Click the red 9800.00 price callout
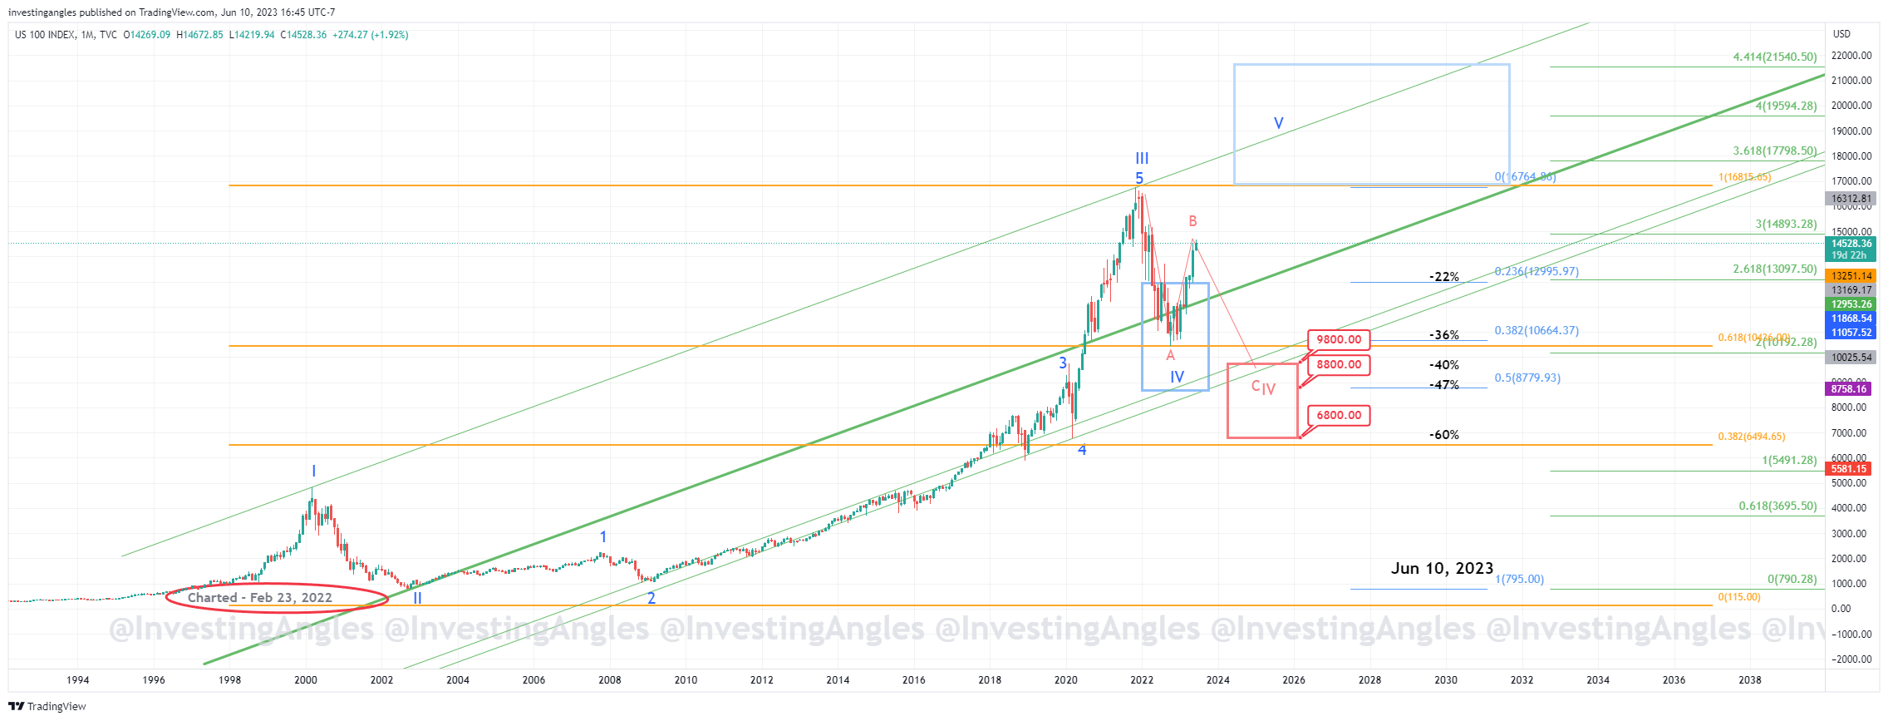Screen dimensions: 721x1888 [x=1339, y=339]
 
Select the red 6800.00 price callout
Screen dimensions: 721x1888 [x=1339, y=415]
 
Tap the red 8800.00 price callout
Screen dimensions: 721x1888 [x=1339, y=364]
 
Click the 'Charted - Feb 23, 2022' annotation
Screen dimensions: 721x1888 [x=260, y=597]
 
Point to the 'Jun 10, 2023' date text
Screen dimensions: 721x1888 [x=1442, y=568]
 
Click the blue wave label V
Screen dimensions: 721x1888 [x=1278, y=123]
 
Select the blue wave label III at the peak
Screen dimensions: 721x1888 [x=1142, y=158]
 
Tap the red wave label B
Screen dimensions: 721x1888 [x=1192, y=221]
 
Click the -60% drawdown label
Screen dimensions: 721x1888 [x=1443, y=435]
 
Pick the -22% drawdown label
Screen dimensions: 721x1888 [x=1443, y=277]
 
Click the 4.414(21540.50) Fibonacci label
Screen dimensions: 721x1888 [x=1774, y=57]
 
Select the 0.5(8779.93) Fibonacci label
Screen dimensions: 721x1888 [x=1527, y=378]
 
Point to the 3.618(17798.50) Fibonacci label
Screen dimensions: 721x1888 [x=1774, y=151]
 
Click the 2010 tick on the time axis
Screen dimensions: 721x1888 [x=686, y=680]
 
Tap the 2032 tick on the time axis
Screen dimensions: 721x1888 [x=1522, y=680]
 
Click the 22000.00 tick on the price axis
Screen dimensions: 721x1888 [x=1851, y=56]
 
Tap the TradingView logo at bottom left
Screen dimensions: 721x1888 [x=47, y=707]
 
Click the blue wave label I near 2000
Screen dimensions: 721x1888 [x=313, y=472]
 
